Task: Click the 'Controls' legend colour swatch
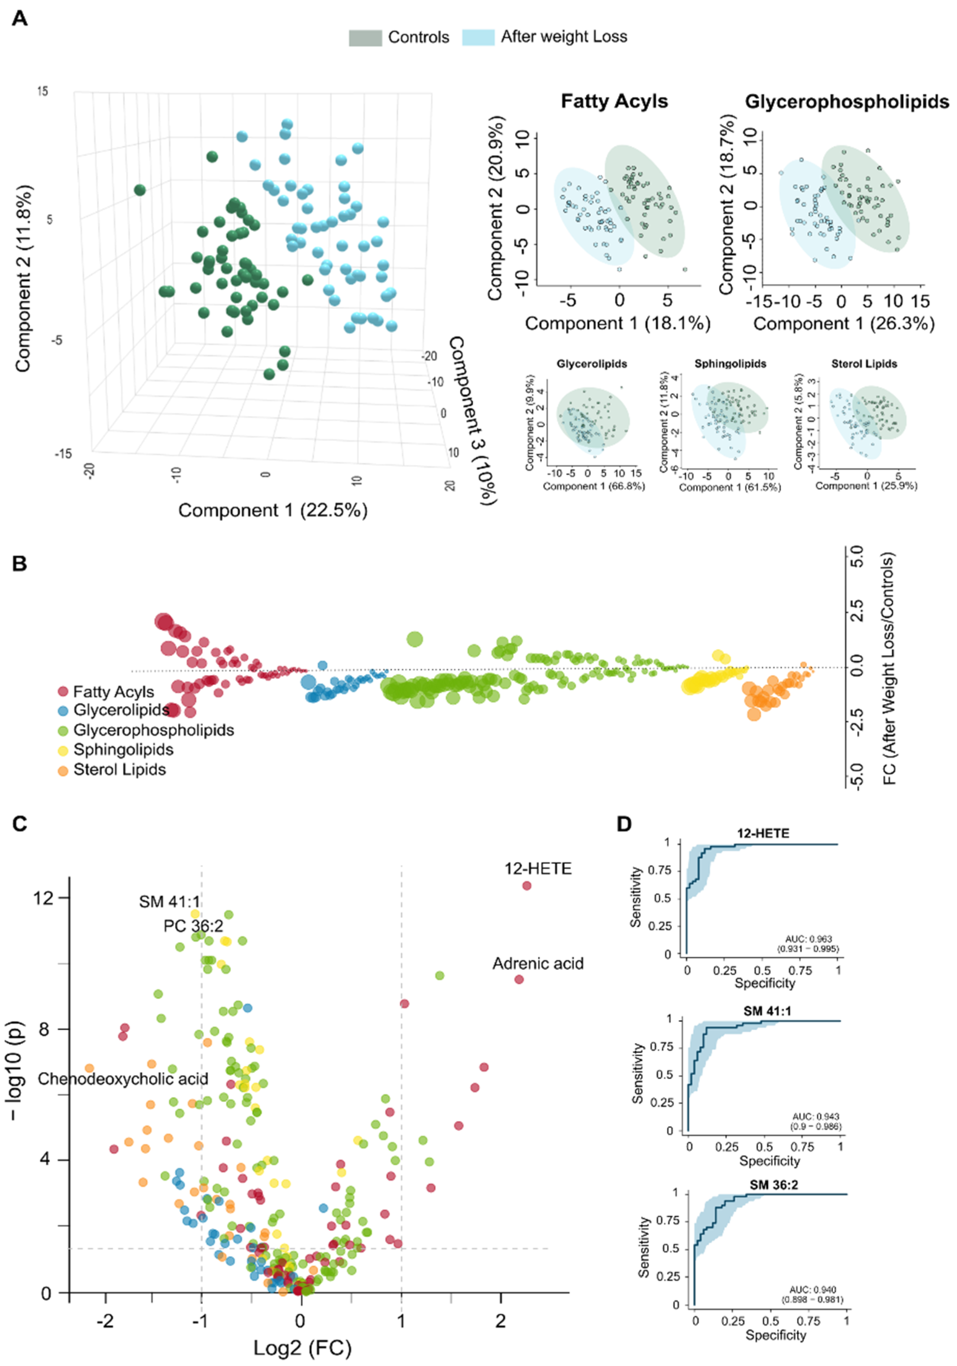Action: (365, 37)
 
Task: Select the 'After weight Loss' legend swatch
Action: (478, 37)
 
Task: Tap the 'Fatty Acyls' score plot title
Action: (614, 101)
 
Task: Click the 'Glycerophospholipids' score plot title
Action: (846, 102)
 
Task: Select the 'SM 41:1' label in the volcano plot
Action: (170, 902)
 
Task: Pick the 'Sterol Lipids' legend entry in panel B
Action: (119, 769)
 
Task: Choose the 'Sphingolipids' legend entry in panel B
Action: (123, 750)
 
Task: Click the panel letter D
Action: (624, 824)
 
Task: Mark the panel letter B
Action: (19, 563)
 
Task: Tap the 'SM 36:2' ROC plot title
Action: (774, 1185)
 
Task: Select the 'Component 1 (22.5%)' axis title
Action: (273, 510)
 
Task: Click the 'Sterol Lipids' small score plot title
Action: (863, 363)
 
